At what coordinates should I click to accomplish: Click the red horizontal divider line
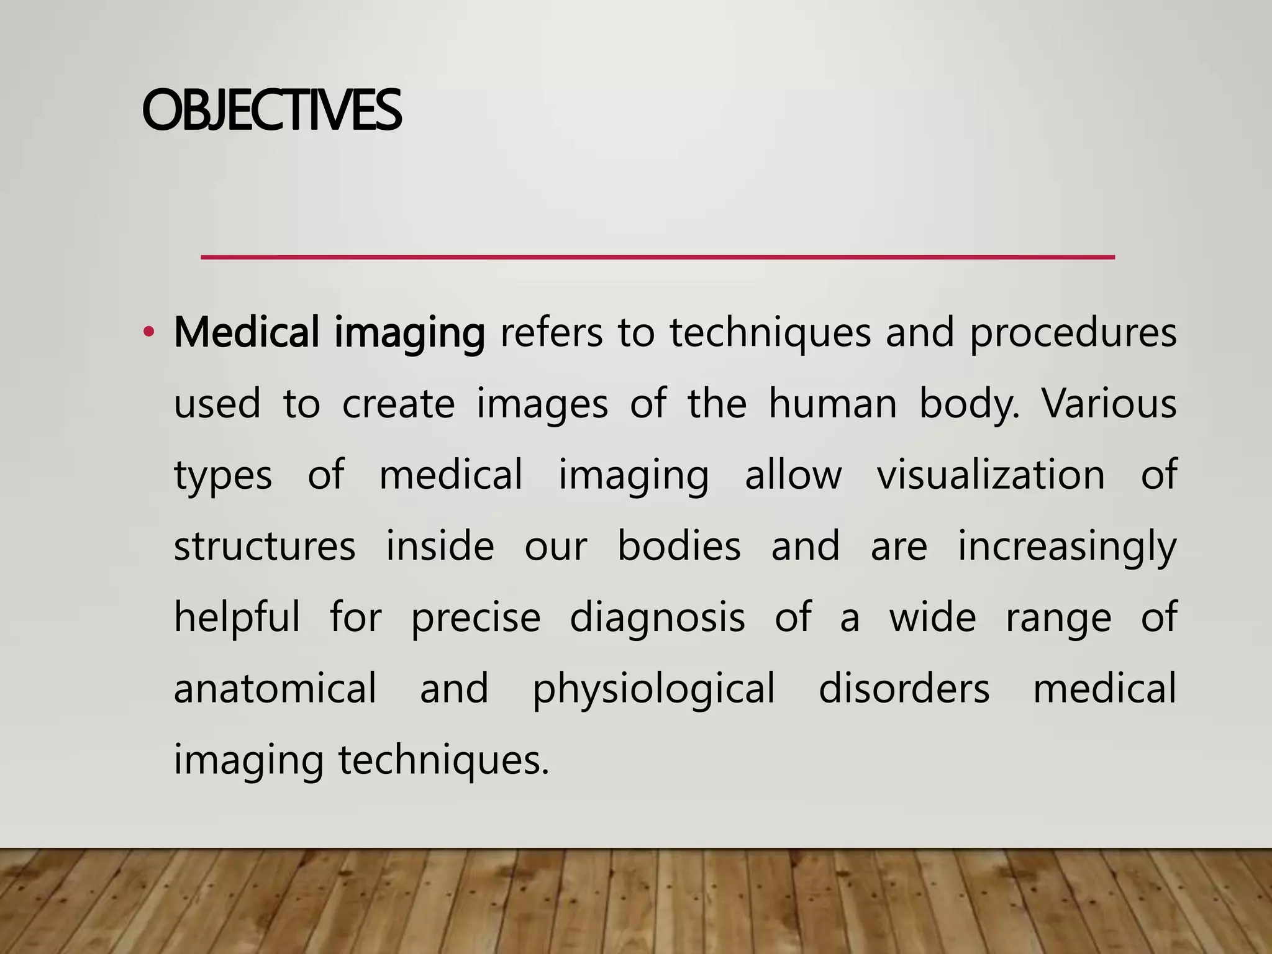pos(657,257)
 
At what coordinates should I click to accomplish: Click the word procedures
pos(1073,334)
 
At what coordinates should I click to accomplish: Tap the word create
pos(398,404)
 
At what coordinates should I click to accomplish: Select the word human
pos(832,404)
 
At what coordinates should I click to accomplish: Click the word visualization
pos(991,475)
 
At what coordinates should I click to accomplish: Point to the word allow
pos(793,475)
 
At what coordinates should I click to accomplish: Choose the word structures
pos(265,547)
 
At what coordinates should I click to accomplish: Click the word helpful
pos(237,618)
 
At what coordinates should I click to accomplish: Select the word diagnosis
pos(657,618)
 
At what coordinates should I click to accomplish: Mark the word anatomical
pos(275,688)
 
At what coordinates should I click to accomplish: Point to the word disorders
pos(904,688)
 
